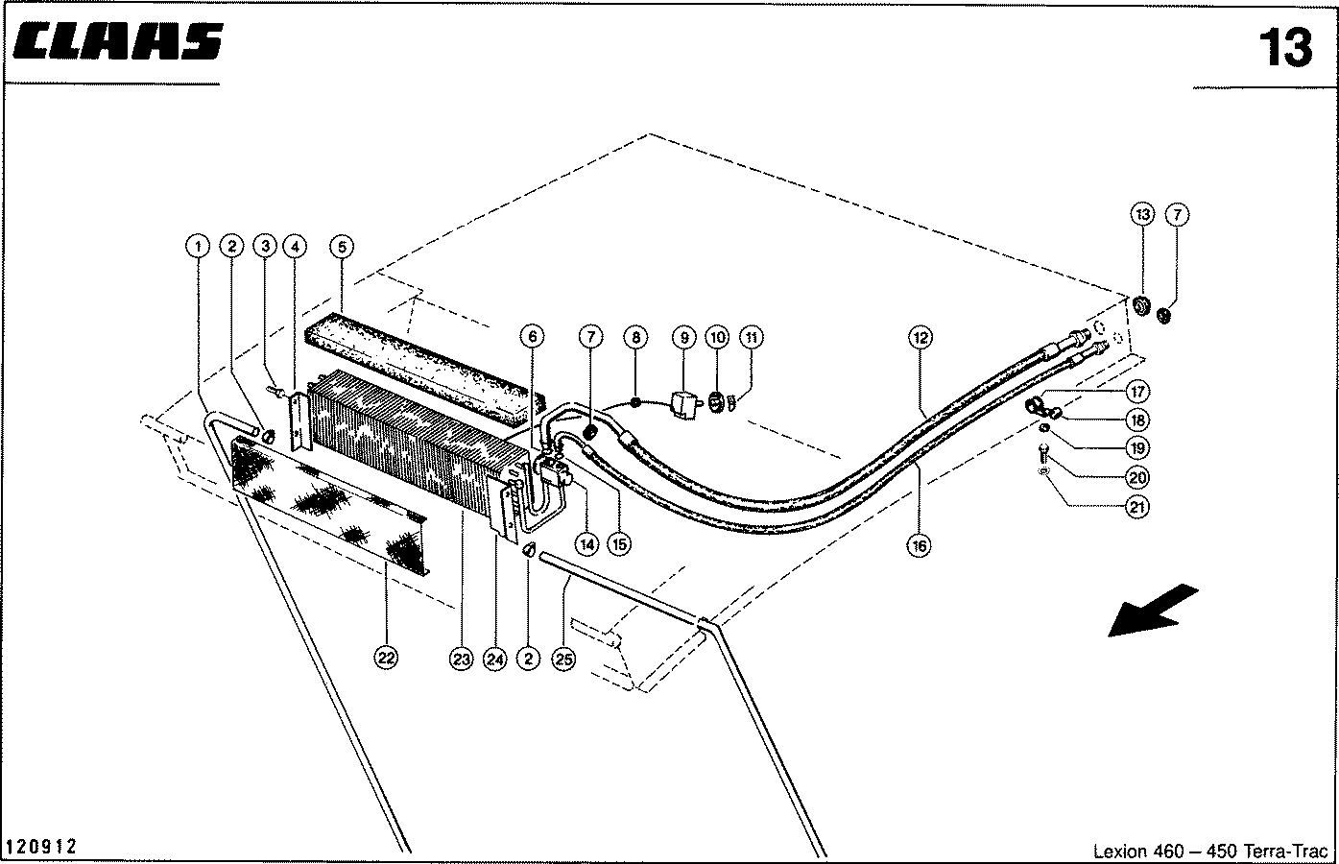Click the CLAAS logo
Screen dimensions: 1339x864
[117, 42]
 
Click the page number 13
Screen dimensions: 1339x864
[1286, 48]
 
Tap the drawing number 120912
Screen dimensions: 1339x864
[40, 846]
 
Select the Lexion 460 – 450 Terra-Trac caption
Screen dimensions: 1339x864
[1210, 851]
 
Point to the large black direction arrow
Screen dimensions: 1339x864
[1153, 612]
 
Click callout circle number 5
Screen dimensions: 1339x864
[342, 247]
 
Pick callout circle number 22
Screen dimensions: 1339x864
[386, 659]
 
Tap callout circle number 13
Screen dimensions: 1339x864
[1142, 214]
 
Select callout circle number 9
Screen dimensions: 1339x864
[684, 337]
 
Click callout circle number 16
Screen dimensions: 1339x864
[920, 545]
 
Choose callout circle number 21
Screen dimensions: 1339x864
[1137, 508]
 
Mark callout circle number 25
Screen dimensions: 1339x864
[564, 660]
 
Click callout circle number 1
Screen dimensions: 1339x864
[198, 247]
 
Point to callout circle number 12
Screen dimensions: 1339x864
[921, 338]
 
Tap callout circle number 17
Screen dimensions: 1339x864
[1137, 392]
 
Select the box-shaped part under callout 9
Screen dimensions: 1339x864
[685, 405]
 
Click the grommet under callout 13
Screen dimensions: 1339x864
[1141, 307]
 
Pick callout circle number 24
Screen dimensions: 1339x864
[494, 660]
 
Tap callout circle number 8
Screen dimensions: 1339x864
[636, 337]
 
